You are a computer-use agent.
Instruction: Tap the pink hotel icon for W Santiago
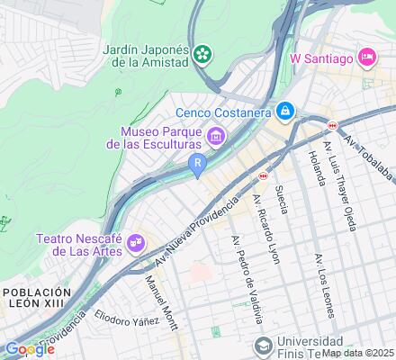click(x=367, y=58)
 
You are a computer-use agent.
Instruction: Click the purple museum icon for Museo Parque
click(x=215, y=136)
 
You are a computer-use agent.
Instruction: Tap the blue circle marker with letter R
click(x=197, y=162)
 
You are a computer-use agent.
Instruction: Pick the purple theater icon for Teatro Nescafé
click(x=136, y=241)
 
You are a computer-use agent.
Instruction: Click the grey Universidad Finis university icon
click(x=262, y=346)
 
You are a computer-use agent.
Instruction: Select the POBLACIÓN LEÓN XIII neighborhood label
click(x=36, y=299)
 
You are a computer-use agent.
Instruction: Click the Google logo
click(x=30, y=348)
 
